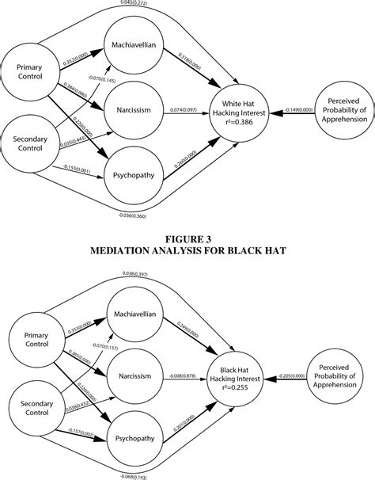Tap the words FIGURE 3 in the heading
click(x=187, y=236)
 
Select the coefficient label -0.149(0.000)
click(x=292, y=110)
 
